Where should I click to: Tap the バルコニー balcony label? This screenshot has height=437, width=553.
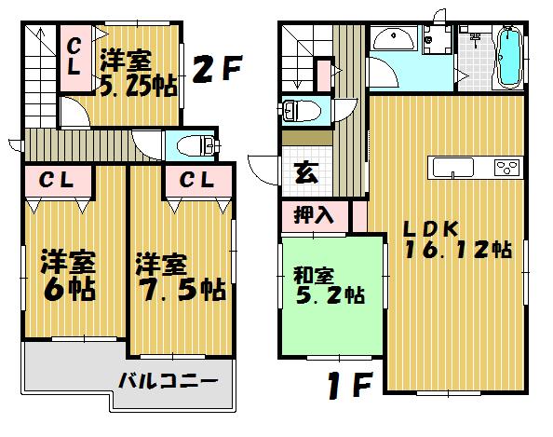click(168, 380)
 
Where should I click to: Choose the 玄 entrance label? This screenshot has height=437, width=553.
click(304, 171)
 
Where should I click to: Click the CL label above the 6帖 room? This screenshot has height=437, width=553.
click(58, 180)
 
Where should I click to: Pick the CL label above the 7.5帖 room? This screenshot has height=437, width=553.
click(194, 180)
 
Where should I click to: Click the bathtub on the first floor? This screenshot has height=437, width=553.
click(507, 58)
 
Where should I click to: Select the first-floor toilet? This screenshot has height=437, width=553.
click(299, 110)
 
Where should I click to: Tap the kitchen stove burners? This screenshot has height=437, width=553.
click(506, 168)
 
